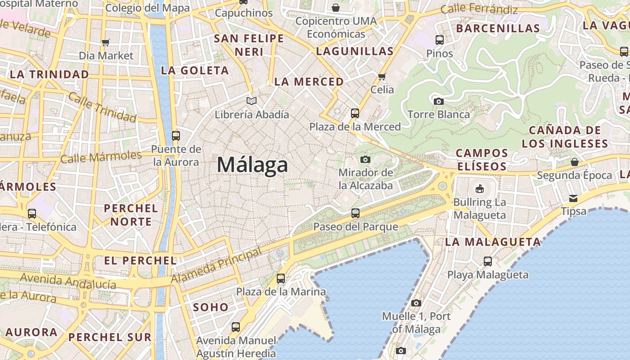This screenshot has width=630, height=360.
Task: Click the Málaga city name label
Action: click(252, 165)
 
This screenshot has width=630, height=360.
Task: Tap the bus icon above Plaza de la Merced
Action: click(355, 113)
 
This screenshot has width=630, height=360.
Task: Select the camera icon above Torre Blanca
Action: click(439, 101)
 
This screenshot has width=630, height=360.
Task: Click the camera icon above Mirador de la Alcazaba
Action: click(365, 159)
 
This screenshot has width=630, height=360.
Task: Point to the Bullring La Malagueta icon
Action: click(480, 189)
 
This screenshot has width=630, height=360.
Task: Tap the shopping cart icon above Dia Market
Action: click(106, 43)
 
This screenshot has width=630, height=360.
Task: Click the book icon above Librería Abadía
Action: click(252, 101)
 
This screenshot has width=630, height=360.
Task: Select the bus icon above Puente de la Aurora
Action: click(176, 135)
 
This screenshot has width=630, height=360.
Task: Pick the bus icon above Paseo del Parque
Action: click(355, 213)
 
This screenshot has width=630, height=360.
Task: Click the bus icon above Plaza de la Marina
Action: click(281, 279)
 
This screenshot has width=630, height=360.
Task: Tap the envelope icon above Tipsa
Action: click(573, 198)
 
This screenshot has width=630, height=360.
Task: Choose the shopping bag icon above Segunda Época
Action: click(574, 162)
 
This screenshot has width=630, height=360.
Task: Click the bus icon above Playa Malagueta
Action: click(488, 261)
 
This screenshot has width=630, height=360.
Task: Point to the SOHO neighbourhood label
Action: click(211, 307)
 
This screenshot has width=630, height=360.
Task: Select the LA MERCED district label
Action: click(309, 82)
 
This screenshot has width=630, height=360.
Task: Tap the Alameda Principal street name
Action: click(217, 265)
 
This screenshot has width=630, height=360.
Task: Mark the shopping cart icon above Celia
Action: click(382, 76)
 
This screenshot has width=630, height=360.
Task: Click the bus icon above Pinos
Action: click(440, 40)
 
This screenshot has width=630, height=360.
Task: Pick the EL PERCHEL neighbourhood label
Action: click(140, 261)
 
